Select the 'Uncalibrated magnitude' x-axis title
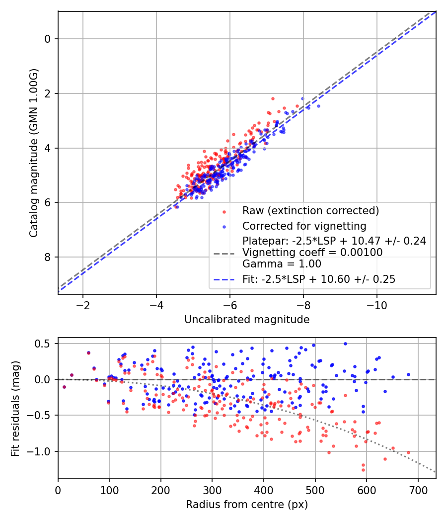pos(247,320)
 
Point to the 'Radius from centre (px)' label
pos(247,505)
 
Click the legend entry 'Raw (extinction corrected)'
pos(310,211)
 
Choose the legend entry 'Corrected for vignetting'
pos(304,226)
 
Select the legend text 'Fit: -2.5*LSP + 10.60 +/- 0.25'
pos(319,279)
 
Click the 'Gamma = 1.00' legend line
pos(282,264)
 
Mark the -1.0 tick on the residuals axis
pos(42,451)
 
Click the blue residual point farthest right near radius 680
pos(408,374)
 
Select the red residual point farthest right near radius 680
pos(408,452)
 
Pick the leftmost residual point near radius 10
pos(64,387)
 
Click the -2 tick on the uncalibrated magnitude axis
pos(82,303)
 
